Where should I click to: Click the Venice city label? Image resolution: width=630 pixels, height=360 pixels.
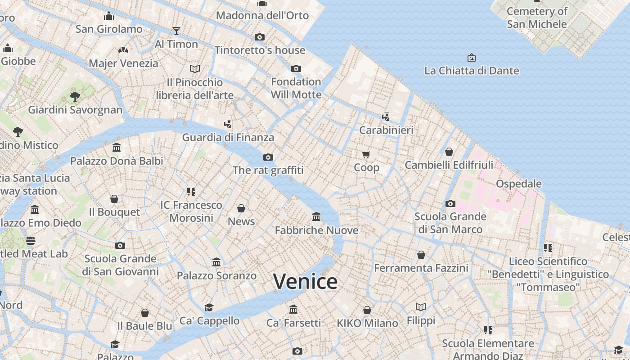click(305, 282)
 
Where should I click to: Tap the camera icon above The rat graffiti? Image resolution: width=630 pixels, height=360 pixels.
click(268, 157)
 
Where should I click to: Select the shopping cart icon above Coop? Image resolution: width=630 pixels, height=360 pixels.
click(366, 154)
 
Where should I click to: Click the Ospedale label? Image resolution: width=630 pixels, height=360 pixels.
click(518, 184)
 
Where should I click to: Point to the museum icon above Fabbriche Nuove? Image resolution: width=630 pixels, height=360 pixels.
click(316, 217)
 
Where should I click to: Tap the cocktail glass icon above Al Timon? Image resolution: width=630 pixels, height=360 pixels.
click(176, 31)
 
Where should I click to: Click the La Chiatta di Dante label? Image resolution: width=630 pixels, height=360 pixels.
click(472, 71)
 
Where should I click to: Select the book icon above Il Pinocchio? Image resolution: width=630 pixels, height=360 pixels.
click(195, 69)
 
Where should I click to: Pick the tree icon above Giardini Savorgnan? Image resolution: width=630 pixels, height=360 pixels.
click(75, 96)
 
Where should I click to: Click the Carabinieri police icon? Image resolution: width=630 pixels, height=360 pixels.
click(386, 117)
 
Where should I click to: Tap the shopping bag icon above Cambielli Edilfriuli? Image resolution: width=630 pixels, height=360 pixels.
click(449, 152)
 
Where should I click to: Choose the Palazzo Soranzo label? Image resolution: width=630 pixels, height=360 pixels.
click(216, 275)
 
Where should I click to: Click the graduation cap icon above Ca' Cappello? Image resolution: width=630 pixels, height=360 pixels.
click(209, 307)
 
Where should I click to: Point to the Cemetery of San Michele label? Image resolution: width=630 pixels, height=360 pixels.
click(536, 18)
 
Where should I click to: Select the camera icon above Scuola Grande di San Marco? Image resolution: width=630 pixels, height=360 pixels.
click(450, 203)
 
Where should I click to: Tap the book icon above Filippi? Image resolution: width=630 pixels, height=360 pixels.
click(421, 307)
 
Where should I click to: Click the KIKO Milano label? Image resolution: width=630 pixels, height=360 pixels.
click(367, 323)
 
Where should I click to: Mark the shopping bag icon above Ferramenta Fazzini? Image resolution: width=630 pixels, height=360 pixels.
click(421, 255)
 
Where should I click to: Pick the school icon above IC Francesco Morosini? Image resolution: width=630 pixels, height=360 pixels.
click(191, 192)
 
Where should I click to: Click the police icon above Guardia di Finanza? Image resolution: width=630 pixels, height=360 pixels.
click(228, 124)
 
